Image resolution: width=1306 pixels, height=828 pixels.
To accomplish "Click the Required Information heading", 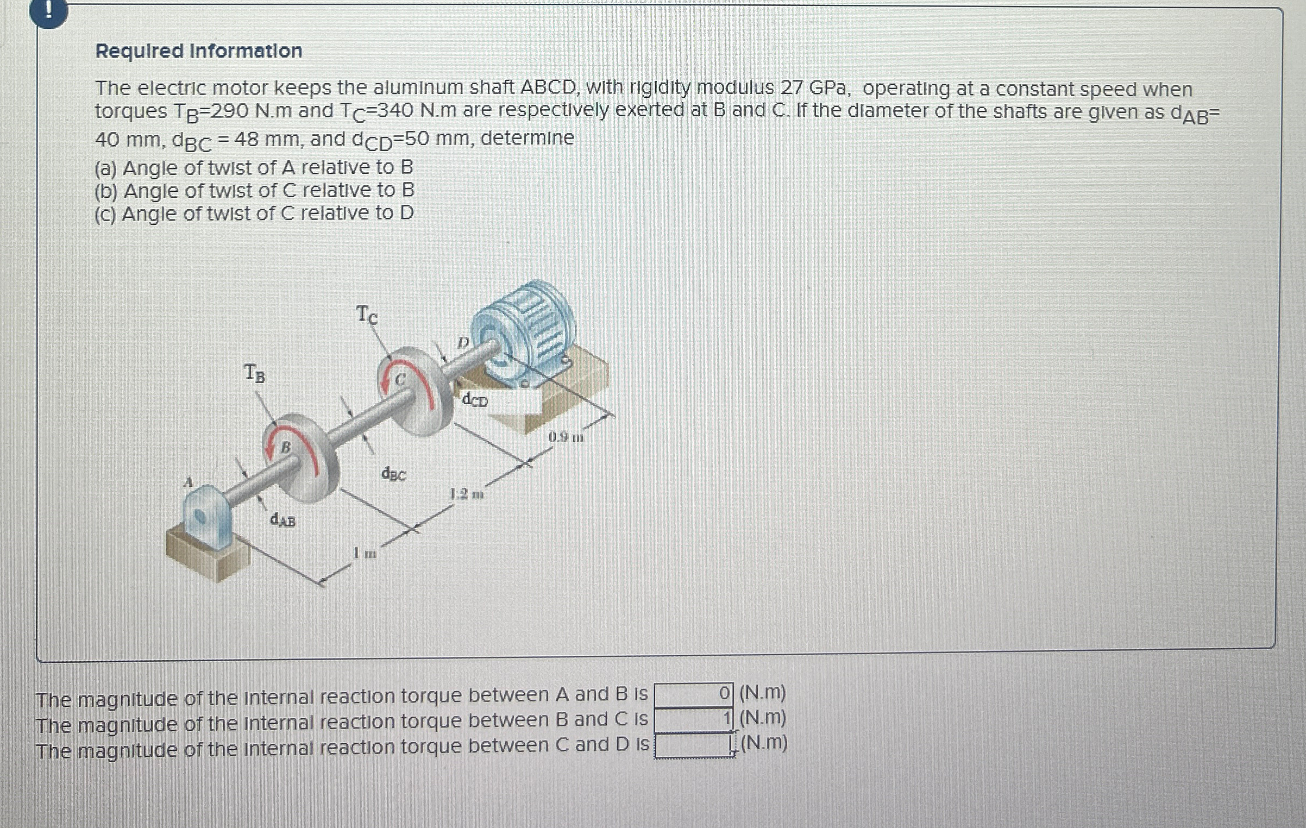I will [x=199, y=51].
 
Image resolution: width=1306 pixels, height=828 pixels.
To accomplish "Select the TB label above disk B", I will [x=254, y=373].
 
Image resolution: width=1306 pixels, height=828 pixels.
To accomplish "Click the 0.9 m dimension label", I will [x=566, y=437].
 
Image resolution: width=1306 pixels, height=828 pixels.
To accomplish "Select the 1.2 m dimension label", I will [x=466, y=494].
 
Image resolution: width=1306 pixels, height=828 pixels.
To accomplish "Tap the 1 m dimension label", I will [x=365, y=554].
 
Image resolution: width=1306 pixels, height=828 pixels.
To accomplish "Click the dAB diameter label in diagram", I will [x=282, y=520].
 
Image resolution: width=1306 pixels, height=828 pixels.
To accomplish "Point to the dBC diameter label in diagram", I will [x=393, y=474].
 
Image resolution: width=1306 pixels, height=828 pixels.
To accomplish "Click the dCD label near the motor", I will [x=475, y=400].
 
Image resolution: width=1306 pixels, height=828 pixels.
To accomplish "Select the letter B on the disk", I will [x=285, y=448].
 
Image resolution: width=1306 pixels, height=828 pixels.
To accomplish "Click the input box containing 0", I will [x=693, y=694].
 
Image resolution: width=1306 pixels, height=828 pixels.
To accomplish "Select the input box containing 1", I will [x=693, y=719].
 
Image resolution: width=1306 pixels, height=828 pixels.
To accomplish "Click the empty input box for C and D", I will [x=693, y=745].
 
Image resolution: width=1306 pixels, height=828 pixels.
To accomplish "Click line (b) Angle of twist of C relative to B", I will [x=254, y=191].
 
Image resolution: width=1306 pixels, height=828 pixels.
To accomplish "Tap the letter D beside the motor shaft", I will [x=462, y=342].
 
